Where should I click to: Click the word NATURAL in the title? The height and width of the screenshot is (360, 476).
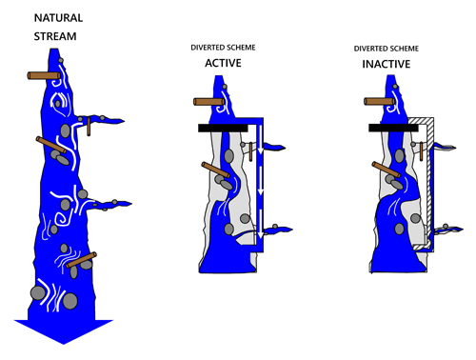pyautogui.click(x=58, y=18)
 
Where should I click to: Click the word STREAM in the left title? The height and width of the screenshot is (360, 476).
pyautogui.click(x=55, y=36)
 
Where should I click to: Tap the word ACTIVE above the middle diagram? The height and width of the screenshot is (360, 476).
pyautogui.click(x=223, y=63)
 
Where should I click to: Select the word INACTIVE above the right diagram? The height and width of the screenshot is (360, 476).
pyautogui.click(x=387, y=64)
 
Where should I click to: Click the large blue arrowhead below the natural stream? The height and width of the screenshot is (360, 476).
pyautogui.click(x=64, y=331)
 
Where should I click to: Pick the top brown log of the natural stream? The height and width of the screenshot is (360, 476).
pyautogui.click(x=44, y=75)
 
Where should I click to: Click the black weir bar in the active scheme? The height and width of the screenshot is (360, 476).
pyautogui.click(x=223, y=128)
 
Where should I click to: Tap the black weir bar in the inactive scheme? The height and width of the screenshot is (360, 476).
pyautogui.click(x=393, y=128)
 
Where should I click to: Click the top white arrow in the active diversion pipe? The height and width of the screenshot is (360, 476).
pyautogui.click(x=261, y=139)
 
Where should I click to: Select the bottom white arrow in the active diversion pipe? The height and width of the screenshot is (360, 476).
pyautogui.click(x=261, y=224)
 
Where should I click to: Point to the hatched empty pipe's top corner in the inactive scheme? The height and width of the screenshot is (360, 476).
pyautogui.click(x=434, y=118)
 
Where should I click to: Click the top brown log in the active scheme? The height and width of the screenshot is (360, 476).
pyautogui.click(x=209, y=102)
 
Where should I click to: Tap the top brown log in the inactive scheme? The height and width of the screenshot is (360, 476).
pyautogui.click(x=380, y=102)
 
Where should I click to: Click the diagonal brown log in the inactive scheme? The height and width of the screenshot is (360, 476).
pyautogui.click(x=387, y=170)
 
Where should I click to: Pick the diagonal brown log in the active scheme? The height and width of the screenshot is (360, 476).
pyautogui.click(x=216, y=170)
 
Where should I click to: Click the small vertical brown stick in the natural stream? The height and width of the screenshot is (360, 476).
pyautogui.click(x=89, y=127)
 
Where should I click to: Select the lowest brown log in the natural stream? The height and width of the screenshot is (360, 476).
pyautogui.click(x=82, y=260)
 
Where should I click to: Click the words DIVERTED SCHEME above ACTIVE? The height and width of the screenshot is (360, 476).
pyautogui.click(x=223, y=48)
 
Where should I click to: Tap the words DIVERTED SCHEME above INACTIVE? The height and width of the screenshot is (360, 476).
pyautogui.click(x=387, y=49)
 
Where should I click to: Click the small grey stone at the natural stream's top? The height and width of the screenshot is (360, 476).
pyautogui.click(x=61, y=60)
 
